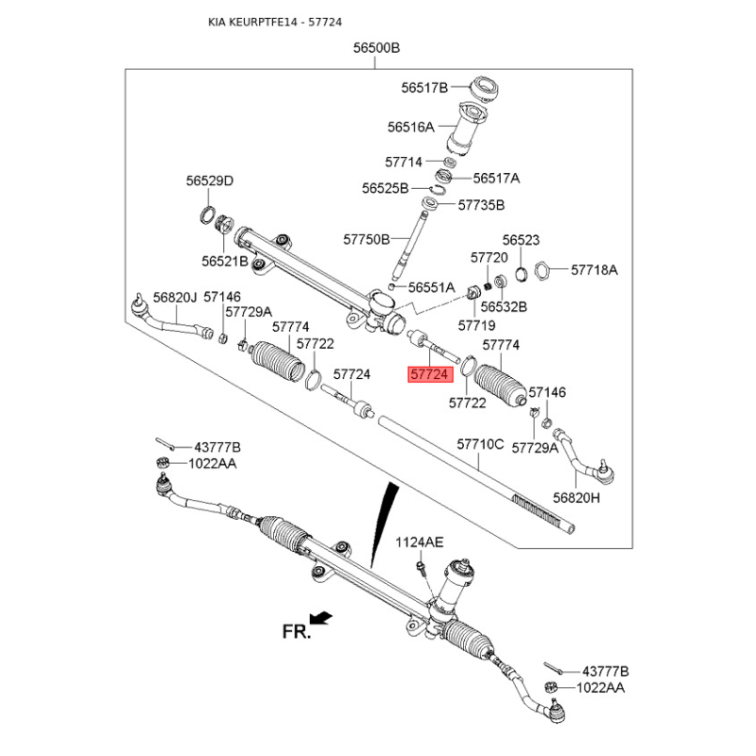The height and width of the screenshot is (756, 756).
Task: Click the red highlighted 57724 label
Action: click(x=430, y=374)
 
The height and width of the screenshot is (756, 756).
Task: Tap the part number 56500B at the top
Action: click(x=375, y=47)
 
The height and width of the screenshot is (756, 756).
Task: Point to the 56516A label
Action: click(x=410, y=126)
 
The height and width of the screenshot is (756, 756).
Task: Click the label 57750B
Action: click(x=366, y=239)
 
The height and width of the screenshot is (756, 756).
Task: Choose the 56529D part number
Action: click(x=209, y=181)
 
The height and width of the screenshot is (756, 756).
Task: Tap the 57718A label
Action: click(x=593, y=269)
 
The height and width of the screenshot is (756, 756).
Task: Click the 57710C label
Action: click(x=480, y=443)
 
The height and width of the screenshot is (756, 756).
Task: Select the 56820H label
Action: click(x=576, y=496)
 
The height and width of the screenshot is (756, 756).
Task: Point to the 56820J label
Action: click(x=175, y=297)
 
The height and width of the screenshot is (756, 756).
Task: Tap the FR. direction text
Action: click(x=296, y=632)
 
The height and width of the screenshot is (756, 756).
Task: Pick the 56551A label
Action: click(x=431, y=286)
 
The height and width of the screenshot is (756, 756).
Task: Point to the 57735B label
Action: click(x=481, y=204)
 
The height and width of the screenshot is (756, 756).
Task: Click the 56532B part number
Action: click(x=503, y=307)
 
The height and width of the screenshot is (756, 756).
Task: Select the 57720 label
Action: click(x=490, y=257)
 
